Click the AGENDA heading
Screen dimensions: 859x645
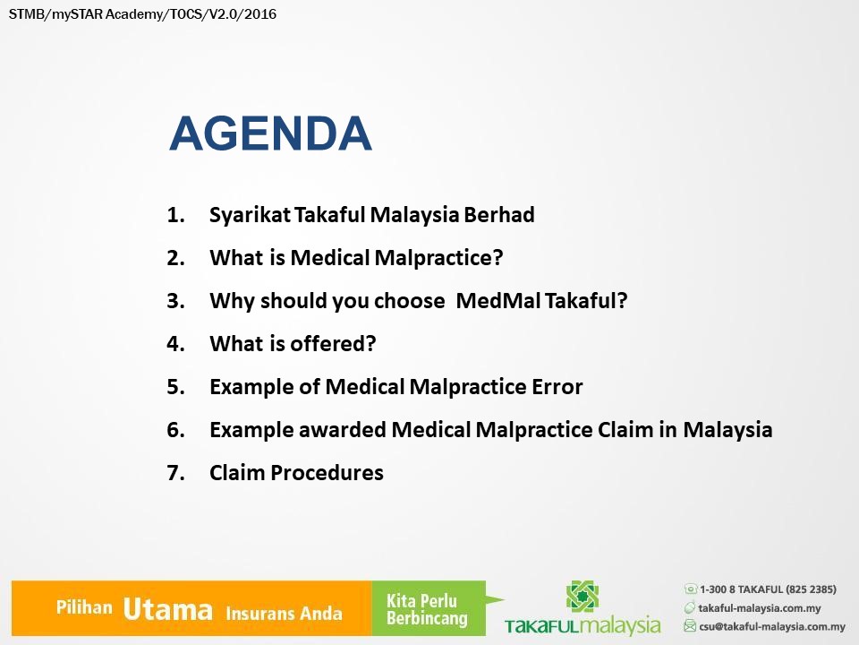click(270, 133)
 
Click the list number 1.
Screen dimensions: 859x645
click(175, 215)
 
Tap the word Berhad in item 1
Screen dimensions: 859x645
click(499, 214)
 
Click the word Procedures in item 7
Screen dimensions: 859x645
click(327, 473)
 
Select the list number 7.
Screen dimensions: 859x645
click(175, 473)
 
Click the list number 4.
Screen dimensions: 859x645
click(175, 344)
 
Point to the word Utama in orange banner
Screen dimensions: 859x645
click(167, 609)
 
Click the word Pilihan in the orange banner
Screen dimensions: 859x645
click(84, 607)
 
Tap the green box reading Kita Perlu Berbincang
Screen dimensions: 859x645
click(429, 608)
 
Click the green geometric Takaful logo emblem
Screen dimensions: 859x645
click(582, 597)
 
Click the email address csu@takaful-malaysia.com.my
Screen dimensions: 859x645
click(772, 626)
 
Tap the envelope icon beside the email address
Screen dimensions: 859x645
click(690, 626)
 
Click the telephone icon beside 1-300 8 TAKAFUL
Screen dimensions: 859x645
click(690, 589)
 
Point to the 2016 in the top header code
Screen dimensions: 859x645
click(260, 14)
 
